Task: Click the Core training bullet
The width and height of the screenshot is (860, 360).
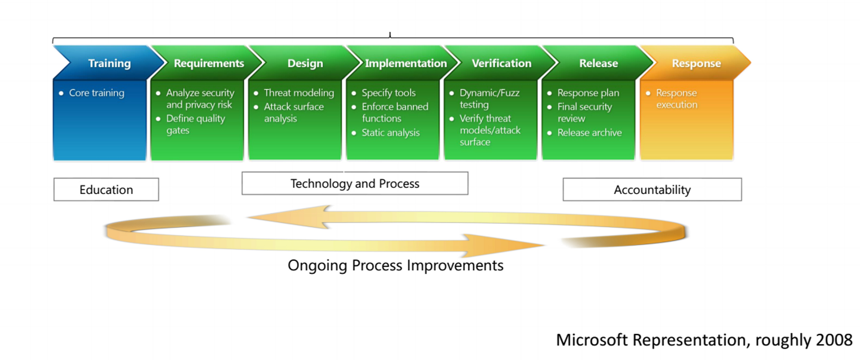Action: point(92,93)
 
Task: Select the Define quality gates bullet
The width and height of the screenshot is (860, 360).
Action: point(191,124)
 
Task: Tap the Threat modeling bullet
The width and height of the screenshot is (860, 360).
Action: point(294,93)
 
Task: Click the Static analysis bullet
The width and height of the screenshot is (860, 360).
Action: point(386,132)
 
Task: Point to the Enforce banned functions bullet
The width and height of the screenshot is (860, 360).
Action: point(390,112)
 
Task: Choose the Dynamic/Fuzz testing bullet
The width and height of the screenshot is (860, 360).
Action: point(485,98)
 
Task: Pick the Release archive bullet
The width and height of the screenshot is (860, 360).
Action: point(584,132)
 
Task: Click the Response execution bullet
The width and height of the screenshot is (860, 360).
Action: point(672,98)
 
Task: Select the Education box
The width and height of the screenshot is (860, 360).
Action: point(106,189)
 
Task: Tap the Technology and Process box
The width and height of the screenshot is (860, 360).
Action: point(355,183)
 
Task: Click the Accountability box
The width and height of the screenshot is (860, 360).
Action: point(652,189)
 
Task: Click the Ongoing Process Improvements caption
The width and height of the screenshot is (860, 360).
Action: point(396,265)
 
